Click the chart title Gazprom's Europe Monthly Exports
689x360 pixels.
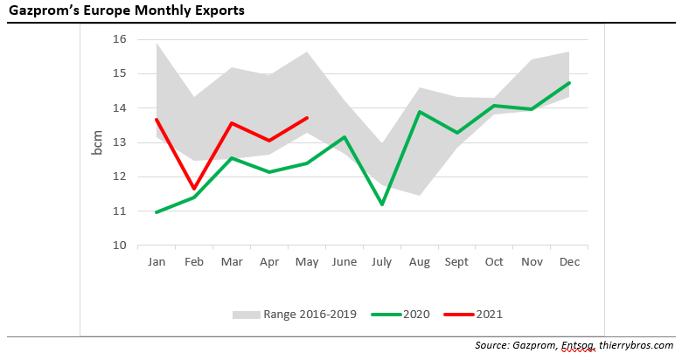tap(126, 11)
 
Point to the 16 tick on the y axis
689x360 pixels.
tap(120, 39)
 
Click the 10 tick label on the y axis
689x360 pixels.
tap(120, 246)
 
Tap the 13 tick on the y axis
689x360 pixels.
tap(120, 142)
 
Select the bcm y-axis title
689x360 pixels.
tap(97, 142)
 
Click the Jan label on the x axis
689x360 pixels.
tap(157, 261)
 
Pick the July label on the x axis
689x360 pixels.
tap(383, 261)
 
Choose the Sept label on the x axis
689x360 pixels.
tap(456, 261)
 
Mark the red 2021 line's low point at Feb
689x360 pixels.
tap(194, 189)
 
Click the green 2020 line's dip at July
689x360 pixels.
tap(382, 204)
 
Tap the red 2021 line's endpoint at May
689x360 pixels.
tap(307, 118)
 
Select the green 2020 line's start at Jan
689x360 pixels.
tap(157, 212)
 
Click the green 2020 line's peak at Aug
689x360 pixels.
tap(419, 112)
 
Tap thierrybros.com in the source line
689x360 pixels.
tap(636, 346)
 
